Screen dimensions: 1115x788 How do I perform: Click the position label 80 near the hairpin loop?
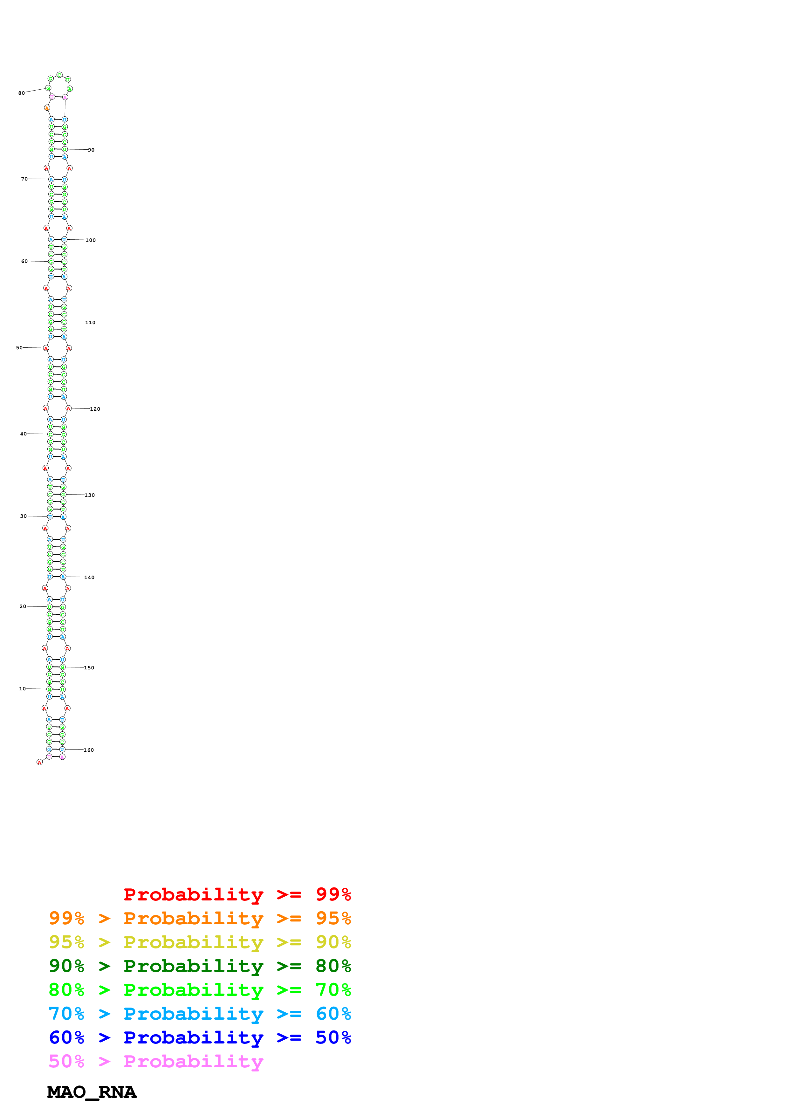[21, 93]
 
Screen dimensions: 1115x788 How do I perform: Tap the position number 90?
[91, 150]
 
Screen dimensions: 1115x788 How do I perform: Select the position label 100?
[91, 240]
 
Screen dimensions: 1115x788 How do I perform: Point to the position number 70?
[24, 179]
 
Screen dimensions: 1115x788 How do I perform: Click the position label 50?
[19, 348]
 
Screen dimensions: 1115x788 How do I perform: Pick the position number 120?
[95, 409]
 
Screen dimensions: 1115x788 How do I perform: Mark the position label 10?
[22, 689]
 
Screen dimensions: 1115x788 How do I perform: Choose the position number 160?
[89, 750]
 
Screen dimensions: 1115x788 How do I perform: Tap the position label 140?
[89, 578]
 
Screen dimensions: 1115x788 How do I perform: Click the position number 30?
[23, 516]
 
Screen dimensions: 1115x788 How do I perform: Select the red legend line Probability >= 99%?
[237, 894]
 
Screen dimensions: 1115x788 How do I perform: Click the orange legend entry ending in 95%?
[200, 918]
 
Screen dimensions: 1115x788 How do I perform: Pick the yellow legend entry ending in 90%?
[200, 942]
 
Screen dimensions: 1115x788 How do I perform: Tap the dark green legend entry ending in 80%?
[200, 966]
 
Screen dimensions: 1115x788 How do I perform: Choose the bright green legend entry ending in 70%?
[200, 990]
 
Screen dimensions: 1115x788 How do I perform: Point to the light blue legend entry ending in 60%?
[200, 1014]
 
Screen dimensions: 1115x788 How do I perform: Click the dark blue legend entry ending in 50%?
[200, 1037]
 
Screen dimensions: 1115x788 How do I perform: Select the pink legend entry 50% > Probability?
[156, 1061]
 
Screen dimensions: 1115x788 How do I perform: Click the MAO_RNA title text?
[92, 1092]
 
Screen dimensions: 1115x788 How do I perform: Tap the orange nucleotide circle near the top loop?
[47, 108]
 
